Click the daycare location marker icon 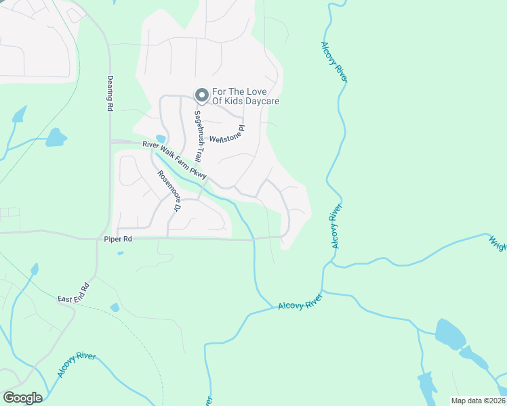tap(201, 95)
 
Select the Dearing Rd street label tap(109, 92)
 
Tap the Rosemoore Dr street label tap(168, 190)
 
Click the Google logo tap(22, 398)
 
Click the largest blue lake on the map tap(449, 334)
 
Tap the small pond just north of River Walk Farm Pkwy tap(161, 140)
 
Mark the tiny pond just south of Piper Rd tap(120, 253)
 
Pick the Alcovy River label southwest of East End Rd tap(76, 365)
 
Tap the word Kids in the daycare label tap(235, 101)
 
